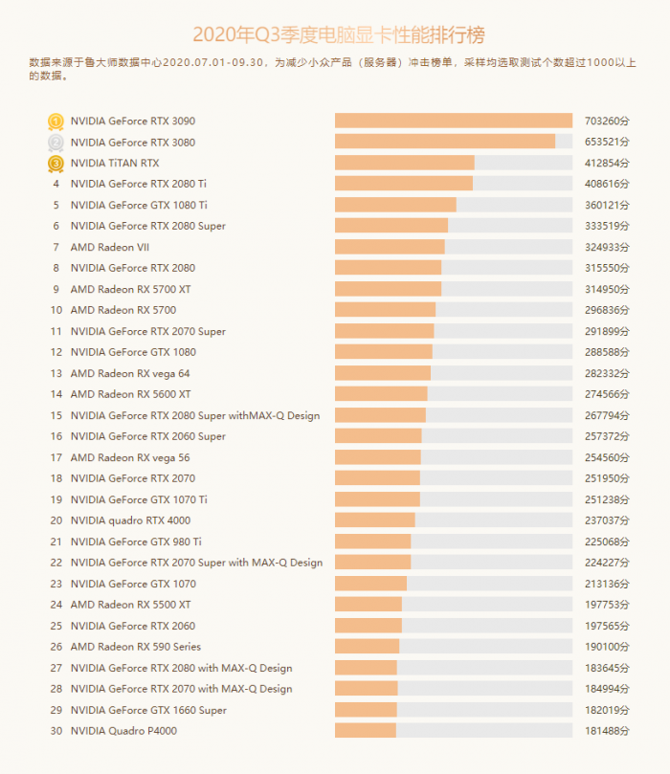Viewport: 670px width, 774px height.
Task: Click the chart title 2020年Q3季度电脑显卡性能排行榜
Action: click(x=338, y=35)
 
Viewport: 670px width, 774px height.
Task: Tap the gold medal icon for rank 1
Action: click(x=56, y=122)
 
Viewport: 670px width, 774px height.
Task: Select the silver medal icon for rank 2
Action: click(x=56, y=143)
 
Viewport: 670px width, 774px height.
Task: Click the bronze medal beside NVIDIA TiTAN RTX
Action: click(x=56, y=164)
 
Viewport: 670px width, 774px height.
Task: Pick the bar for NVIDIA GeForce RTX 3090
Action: click(x=453, y=121)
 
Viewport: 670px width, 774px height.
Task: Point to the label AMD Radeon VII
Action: click(x=110, y=247)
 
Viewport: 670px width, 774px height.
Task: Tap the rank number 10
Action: click(x=56, y=310)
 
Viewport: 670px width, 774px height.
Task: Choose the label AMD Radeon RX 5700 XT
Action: click(x=130, y=289)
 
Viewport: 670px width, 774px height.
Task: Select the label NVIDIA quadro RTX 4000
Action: click(x=130, y=520)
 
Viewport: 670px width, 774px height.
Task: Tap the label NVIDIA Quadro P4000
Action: click(x=123, y=731)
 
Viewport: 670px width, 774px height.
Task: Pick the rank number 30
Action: click(x=56, y=731)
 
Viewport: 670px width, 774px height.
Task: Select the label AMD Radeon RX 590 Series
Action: click(x=136, y=647)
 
